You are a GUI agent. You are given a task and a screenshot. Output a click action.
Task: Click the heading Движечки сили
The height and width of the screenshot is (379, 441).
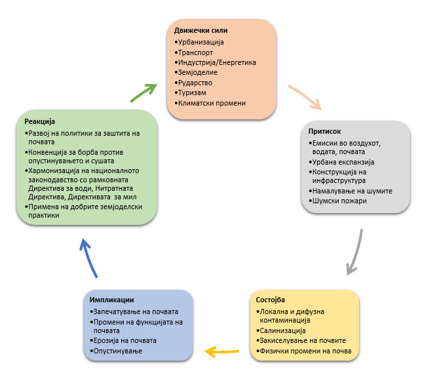pos(201,31)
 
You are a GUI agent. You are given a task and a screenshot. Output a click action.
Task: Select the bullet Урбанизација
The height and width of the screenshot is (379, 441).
pos(201,43)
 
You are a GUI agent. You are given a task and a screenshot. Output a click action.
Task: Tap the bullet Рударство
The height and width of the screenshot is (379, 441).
pos(195,83)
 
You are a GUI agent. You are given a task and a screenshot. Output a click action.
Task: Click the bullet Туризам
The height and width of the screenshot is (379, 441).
pos(193,93)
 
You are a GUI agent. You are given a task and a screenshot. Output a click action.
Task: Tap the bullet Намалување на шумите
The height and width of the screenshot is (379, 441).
pos(351,190)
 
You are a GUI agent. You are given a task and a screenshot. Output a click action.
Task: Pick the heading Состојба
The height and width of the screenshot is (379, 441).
pos(270,300)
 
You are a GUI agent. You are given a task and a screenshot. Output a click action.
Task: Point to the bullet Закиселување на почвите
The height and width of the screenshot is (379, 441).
pos(302,341)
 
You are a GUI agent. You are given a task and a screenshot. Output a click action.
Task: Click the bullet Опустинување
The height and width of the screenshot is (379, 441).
pos(119,352)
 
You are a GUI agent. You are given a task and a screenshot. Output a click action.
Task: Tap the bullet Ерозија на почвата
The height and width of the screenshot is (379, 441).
pos(126,341)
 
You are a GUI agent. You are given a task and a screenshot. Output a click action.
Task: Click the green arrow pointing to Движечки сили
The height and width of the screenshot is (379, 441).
pos(144,92)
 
